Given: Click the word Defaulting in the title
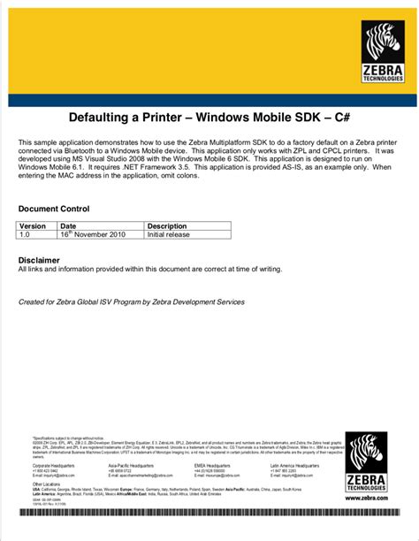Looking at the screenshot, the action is point(107,118).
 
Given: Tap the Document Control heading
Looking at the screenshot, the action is point(54,210).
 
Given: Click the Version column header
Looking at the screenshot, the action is point(34,227).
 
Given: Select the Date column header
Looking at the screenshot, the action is point(68,227).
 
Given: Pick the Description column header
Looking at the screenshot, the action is point(167,227).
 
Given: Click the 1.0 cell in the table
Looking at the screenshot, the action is point(26,236).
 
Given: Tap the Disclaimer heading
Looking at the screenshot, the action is point(40,260).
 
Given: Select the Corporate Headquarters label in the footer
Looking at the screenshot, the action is point(54,464).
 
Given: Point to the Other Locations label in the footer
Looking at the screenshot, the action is point(46,484).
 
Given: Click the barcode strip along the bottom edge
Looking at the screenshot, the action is point(209,513).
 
